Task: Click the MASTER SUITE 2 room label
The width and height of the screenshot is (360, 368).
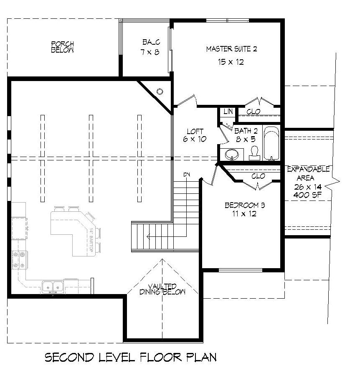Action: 231,49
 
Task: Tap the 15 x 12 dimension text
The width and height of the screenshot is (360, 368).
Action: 231,62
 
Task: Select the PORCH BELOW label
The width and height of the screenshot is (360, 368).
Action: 63,47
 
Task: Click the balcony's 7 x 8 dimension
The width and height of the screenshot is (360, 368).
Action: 150,52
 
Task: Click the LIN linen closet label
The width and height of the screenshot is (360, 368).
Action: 228,112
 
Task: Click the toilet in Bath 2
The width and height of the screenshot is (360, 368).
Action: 254,154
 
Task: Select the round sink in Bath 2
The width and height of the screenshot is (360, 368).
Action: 232,155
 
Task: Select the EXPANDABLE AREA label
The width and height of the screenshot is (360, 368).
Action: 309,173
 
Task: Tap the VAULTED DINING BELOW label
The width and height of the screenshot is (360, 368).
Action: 162,289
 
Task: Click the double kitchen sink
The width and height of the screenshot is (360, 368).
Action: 53,287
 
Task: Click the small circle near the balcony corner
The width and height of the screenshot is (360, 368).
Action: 159,91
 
